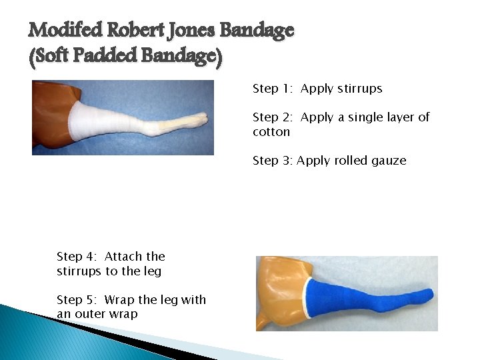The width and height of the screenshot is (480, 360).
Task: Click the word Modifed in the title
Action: (65, 31)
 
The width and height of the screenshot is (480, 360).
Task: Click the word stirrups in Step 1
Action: (360, 89)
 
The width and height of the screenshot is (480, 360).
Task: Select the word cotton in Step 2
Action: (271, 132)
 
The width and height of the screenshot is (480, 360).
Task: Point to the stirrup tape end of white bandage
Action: (193, 119)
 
